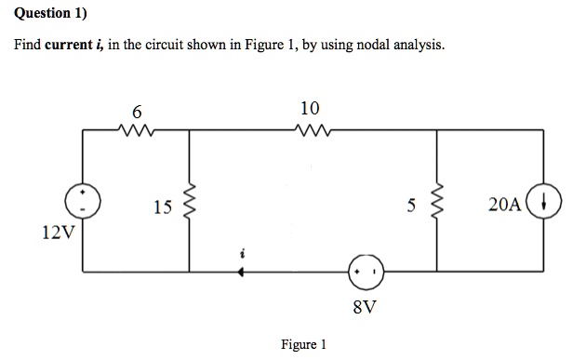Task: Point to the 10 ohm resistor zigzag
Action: (x=312, y=131)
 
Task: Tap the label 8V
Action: (x=365, y=305)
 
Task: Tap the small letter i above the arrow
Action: (x=242, y=251)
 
